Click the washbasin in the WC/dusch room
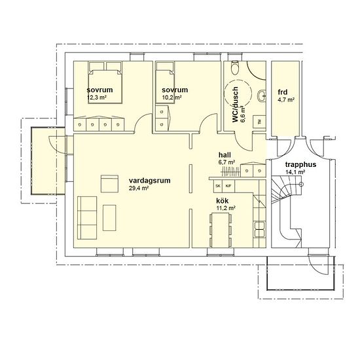[262, 96]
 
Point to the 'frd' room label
[283, 92]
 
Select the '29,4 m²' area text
[139, 188]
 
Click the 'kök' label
[223, 201]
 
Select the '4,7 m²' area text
[286, 100]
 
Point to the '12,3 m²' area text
[97, 97]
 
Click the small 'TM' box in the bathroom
[259, 122]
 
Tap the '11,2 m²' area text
[226, 208]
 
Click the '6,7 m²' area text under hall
[226, 162]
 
